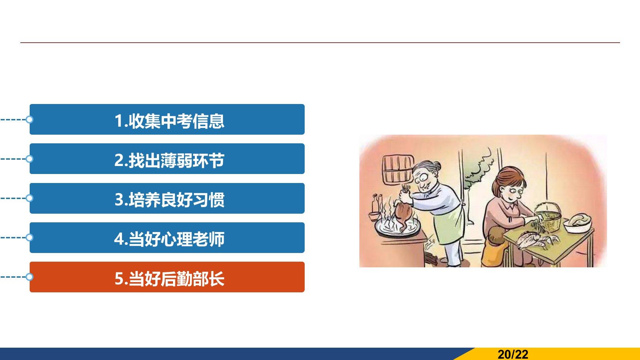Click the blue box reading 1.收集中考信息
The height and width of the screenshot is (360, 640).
(167, 119)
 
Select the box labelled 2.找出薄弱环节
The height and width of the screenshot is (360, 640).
(167, 159)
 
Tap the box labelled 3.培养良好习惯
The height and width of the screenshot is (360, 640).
(167, 198)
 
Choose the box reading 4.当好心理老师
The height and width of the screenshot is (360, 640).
(167, 238)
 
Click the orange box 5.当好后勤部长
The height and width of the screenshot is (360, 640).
(167, 277)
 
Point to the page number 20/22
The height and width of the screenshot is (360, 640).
(513, 354)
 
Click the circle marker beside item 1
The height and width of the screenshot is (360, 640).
(29, 119)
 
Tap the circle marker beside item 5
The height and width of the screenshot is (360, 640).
(29, 277)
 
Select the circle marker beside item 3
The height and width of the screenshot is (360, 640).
(29, 198)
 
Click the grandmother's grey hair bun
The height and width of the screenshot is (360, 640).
(437, 166)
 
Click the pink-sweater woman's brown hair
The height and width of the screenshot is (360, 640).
(508, 180)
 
